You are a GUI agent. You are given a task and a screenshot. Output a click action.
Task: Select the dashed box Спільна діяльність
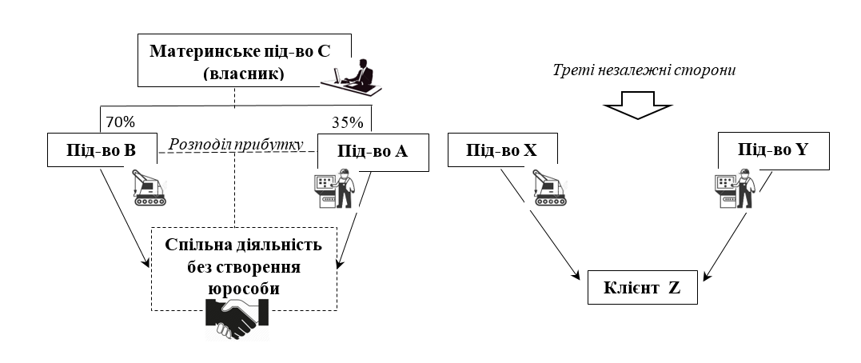tap(244, 268)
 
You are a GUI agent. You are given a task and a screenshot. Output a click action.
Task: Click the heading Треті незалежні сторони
tap(644, 70)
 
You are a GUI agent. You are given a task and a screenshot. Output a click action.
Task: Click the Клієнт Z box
tap(643, 289)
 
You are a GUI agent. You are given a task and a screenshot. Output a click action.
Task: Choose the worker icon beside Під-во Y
tap(731, 189)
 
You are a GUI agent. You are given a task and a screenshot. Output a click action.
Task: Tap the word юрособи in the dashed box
tap(244, 289)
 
